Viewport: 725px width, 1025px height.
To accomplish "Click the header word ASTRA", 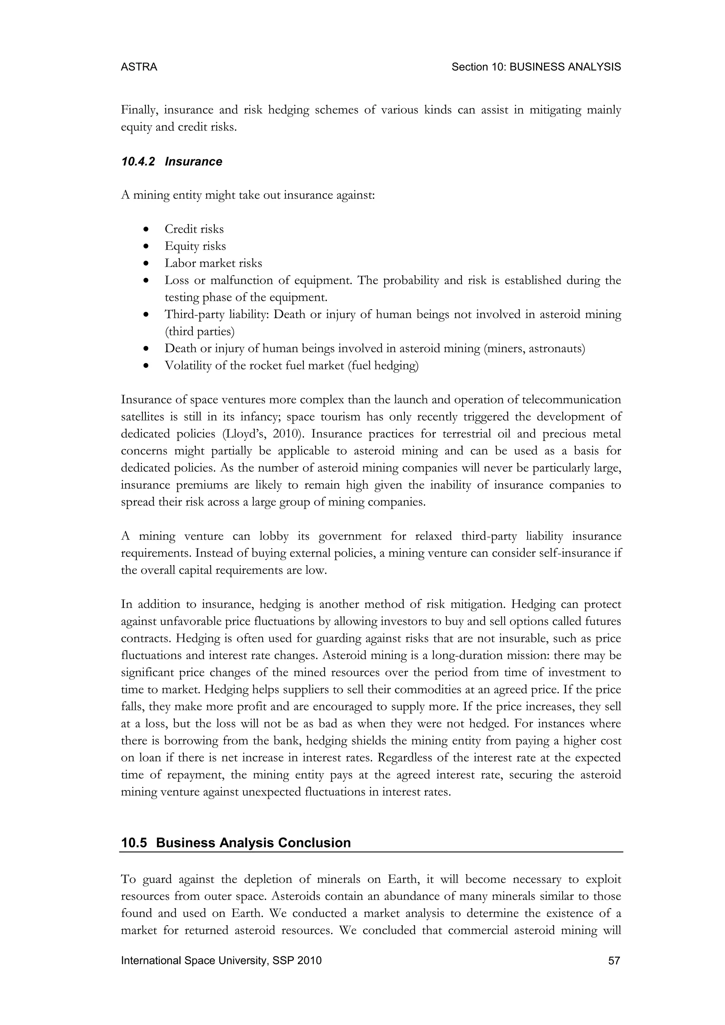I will pos(139,67).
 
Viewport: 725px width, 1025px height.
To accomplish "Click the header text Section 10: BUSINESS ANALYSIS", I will pos(536,67).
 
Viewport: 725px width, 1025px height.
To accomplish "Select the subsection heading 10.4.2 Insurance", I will pos(171,162).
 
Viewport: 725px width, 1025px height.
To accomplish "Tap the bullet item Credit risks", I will pos(194,229).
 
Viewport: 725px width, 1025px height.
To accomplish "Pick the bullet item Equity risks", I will pos(195,246).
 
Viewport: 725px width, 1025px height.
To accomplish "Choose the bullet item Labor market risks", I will pos(213,263).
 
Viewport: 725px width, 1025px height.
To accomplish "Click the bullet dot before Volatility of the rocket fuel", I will pos(146,366).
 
